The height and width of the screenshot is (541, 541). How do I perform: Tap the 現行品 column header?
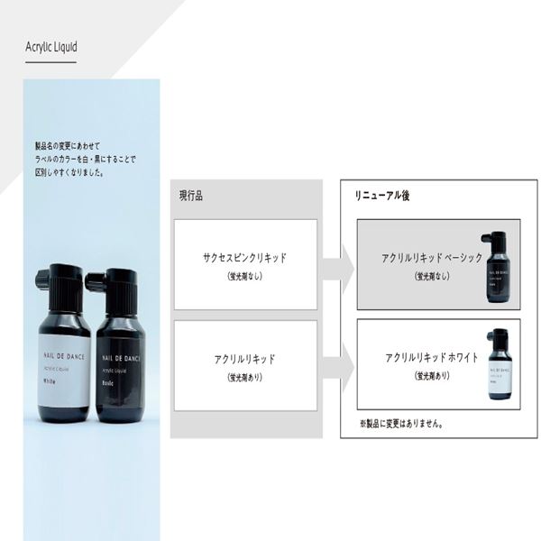tap(190, 195)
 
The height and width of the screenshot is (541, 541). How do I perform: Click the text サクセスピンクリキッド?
tap(245, 258)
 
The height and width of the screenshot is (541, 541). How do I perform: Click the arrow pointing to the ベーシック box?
tap(337, 268)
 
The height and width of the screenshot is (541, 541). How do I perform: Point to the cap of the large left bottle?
tap(64, 288)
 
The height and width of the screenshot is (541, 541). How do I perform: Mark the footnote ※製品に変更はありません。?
tap(400, 422)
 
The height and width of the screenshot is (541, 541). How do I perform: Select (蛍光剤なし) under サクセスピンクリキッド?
tap(245, 277)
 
